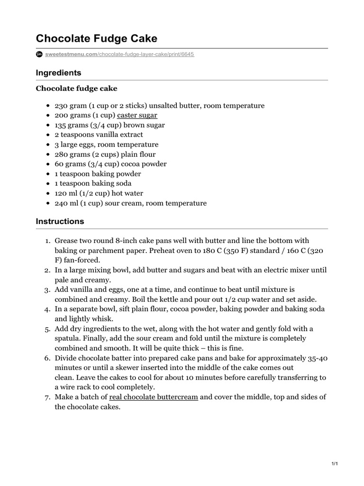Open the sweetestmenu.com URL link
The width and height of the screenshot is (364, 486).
point(120,55)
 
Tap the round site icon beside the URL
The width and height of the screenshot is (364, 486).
point(39,55)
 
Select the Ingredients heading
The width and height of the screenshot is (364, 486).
point(58,73)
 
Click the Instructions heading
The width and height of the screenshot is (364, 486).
point(60,221)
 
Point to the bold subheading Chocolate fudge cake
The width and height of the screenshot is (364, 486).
point(76,88)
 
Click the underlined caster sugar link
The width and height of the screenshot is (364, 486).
point(137,115)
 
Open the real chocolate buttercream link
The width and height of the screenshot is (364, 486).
point(153,397)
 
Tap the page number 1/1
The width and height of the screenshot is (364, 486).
point(334,464)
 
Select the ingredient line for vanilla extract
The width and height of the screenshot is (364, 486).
point(99,135)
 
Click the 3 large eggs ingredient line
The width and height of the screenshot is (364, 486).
point(106,144)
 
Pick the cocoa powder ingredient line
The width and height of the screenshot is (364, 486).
point(110,164)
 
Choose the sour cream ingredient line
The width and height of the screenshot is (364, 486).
point(130,203)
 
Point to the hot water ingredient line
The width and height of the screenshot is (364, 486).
point(99,193)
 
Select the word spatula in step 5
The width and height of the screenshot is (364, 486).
point(69,338)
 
